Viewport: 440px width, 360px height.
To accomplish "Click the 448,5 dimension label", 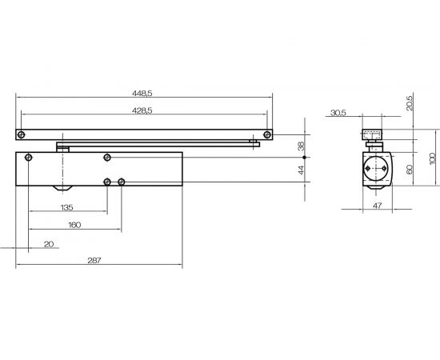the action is click(142, 94).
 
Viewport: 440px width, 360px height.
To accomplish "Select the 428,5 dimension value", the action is click(142, 111).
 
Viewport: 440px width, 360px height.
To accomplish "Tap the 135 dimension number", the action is click(66, 208).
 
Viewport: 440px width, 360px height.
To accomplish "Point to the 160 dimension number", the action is click(74, 225).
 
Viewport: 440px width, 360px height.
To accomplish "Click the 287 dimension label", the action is click(94, 260).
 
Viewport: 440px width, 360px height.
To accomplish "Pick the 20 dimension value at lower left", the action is click(49, 244).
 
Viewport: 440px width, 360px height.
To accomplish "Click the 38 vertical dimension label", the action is click(301, 146).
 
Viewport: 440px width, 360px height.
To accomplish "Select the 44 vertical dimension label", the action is click(301, 170).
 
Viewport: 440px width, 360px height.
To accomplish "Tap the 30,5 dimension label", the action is click(338, 113).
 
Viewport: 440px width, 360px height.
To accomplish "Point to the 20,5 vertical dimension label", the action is click(410, 103).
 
